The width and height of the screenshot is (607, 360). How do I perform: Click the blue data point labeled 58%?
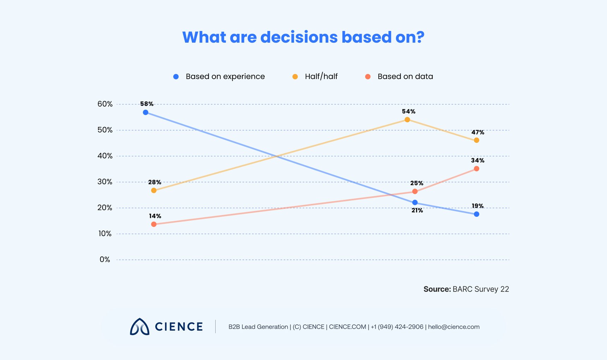[145, 112]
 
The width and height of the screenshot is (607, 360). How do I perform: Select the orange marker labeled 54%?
[407, 120]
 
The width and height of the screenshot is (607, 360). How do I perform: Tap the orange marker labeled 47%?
[476, 140]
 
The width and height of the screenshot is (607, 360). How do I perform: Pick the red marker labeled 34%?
[476, 169]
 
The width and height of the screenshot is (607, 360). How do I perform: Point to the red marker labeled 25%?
[415, 191]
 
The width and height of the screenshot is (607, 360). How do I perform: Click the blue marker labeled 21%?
[415, 203]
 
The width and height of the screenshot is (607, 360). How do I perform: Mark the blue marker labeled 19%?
[476, 214]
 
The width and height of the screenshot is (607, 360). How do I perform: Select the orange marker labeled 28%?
[154, 190]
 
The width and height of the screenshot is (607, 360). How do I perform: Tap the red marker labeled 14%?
[154, 224]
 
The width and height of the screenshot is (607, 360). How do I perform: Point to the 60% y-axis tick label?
[105, 104]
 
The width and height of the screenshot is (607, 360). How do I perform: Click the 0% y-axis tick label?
[105, 260]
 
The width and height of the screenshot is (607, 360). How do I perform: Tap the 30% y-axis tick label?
[105, 182]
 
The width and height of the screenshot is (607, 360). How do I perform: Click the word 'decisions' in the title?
[299, 37]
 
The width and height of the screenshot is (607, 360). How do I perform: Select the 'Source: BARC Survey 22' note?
[466, 289]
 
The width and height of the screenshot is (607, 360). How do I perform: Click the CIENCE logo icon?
[139, 327]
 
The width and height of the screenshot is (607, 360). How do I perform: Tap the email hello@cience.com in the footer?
[453, 327]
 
